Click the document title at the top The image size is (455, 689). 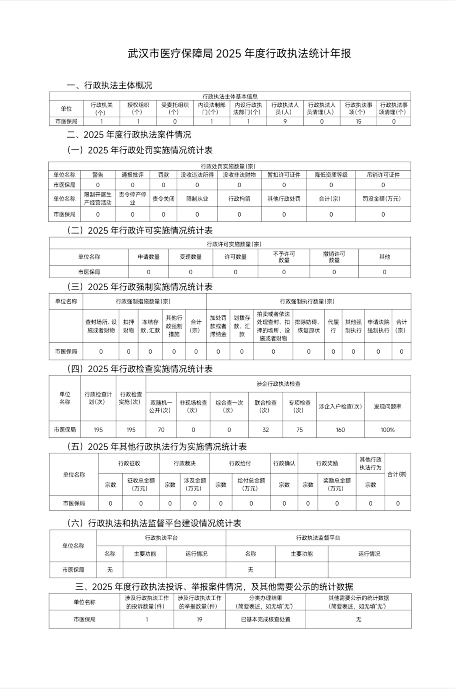pyautogui.click(x=239, y=54)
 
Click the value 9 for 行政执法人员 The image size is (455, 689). pyautogui.click(x=285, y=122)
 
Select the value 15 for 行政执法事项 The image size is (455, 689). pyautogui.click(x=358, y=122)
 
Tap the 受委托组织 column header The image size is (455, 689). pyautogui.click(x=175, y=109)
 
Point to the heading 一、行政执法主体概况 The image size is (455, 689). pyautogui.click(x=109, y=85)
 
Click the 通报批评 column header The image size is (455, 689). pyautogui.click(x=132, y=175)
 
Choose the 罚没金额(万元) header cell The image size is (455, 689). pyautogui.click(x=383, y=199)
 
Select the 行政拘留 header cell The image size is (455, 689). pyautogui.click(x=239, y=199)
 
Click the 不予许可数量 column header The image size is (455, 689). pyautogui.click(x=284, y=257)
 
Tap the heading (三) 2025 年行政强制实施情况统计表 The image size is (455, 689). pyautogui.click(x=140, y=287)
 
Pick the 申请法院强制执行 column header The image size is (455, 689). pyautogui.click(x=378, y=326)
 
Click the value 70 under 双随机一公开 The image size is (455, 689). pyautogui.click(x=161, y=430)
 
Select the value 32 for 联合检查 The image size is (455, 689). pyautogui.click(x=266, y=430)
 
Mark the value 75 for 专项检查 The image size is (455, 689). pyautogui.click(x=300, y=430)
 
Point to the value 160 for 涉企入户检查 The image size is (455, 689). pyautogui.click(x=340, y=430)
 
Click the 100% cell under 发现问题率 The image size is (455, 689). pyautogui.click(x=387, y=430)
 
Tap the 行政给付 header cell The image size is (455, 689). pyautogui.click(x=239, y=464)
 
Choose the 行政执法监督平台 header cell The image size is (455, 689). pyautogui.click(x=318, y=538)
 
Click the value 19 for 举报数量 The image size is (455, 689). pyautogui.click(x=200, y=620)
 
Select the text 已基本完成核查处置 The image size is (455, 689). pyautogui.click(x=266, y=620)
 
